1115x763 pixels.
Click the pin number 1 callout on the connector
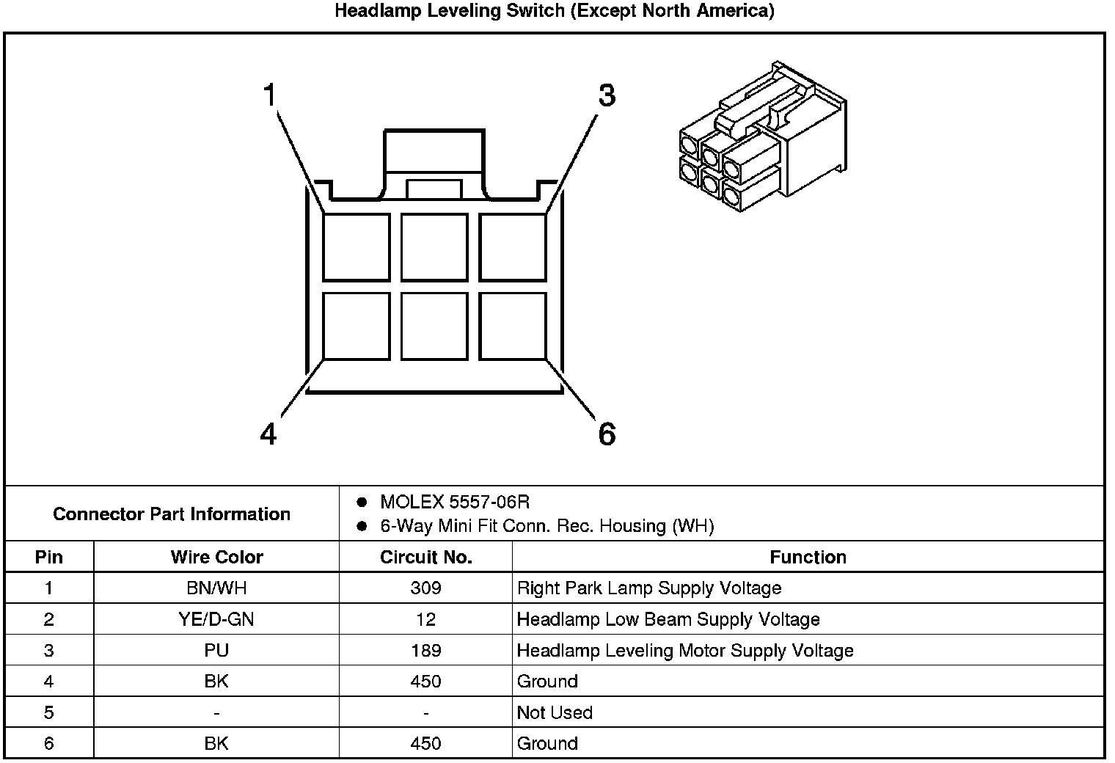pyautogui.click(x=270, y=96)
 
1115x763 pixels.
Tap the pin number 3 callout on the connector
pyautogui.click(x=607, y=96)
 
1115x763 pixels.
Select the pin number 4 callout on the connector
pyautogui.click(x=268, y=434)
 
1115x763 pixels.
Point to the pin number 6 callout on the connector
pyautogui.click(x=607, y=434)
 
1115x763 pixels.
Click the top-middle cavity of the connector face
pyautogui.click(x=434, y=247)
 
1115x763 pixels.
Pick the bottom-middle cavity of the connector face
pyautogui.click(x=434, y=326)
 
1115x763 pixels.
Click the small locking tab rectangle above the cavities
pyautogui.click(x=434, y=189)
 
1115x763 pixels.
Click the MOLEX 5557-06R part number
pyautogui.click(x=454, y=503)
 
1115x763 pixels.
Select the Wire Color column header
pyautogui.click(x=216, y=557)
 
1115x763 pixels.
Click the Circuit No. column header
pyautogui.click(x=425, y=557)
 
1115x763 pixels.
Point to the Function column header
pyautogui.click(x=808, y=557)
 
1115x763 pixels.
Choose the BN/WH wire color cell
pyautogui.click(x=216, y=588)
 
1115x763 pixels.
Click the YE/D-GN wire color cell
pyautogui.click(x=216, y=619)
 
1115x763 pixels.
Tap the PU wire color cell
pyautogui.click(x=216, y=651)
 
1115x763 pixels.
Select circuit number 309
pyautogui.click(x=425, y=588)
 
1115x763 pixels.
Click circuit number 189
pyautogui.click(x=425, y=651)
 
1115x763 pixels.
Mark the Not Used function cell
pyautogui.click(x=555, y=712)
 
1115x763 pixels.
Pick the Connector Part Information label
pyautogui.click(x=172, y=514)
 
